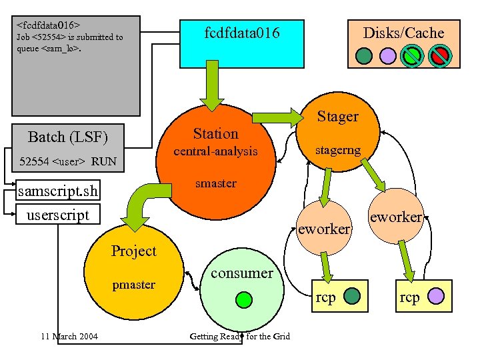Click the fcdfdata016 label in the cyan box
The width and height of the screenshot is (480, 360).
241,33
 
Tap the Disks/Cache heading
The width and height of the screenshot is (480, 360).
403,33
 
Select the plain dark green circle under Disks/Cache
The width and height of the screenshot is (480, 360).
364,55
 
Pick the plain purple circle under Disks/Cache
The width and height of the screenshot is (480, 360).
388,55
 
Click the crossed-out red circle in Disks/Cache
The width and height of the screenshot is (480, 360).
439,55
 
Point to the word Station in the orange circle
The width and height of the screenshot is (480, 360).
215,133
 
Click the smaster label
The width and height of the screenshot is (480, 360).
215,183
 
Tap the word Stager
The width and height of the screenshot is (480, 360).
337,117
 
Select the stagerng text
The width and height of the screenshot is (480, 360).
338,151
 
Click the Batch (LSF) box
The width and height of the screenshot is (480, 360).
67,137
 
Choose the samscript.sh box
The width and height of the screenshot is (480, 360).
58,192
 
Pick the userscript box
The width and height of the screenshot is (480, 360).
57,214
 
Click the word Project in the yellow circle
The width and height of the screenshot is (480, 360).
133,251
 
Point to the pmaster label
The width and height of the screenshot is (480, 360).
133,285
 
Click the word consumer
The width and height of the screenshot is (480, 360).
241,273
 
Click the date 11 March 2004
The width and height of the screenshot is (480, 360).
69,336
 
